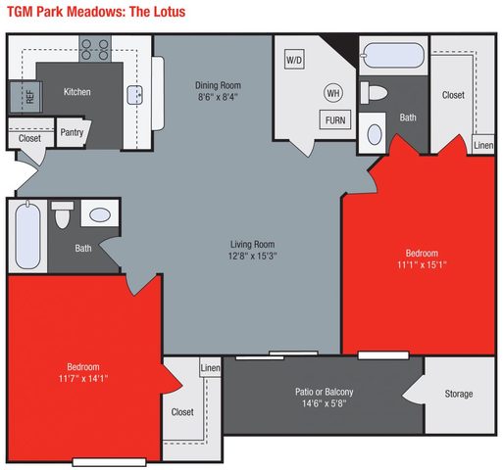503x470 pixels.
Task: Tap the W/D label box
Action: coord(294,60)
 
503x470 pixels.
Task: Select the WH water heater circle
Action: coord(332,94)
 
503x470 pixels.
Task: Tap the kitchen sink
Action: coord(137,94)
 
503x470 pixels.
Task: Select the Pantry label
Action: coord(71,132)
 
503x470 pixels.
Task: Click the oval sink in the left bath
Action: coord(99,213)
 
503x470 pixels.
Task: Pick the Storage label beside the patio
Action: coord(458,394)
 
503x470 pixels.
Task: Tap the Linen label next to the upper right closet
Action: coord(482,145)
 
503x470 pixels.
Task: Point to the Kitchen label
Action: coord(77,92)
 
